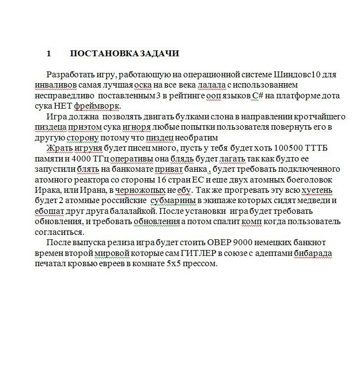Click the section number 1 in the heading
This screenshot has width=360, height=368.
click(48, 53)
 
